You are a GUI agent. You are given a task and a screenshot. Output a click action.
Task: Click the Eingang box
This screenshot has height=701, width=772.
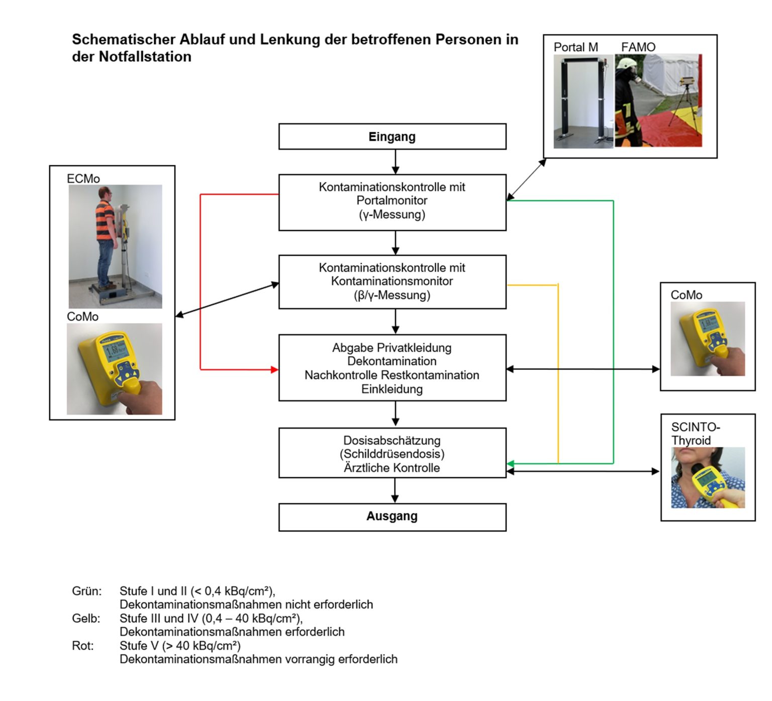392,137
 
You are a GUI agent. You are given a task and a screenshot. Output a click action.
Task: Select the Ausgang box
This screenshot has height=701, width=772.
392,517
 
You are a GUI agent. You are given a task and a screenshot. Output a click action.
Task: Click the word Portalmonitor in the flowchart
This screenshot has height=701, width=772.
392,201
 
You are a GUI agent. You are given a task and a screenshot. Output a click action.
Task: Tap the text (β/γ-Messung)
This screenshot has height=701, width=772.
392,295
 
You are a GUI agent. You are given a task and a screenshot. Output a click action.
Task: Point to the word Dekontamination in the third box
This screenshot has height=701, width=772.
392,361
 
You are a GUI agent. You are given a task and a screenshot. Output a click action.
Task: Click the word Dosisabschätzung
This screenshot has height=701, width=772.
392,441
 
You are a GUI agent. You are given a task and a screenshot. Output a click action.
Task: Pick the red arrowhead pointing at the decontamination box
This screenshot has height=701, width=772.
274,370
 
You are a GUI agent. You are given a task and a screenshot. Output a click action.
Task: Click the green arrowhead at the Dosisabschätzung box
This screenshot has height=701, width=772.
510,463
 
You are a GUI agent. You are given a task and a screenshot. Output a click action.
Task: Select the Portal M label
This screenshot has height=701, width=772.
575,47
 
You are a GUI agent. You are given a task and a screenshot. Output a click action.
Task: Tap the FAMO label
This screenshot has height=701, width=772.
638,47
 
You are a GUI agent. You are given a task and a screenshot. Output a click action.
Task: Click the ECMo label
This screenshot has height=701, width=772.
83,179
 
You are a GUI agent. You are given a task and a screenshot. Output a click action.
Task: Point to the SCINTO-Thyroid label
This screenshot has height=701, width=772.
695,434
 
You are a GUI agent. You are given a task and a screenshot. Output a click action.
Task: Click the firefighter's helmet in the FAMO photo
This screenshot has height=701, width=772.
626,64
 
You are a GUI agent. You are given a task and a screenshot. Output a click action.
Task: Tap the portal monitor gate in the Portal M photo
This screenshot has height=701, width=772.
583,101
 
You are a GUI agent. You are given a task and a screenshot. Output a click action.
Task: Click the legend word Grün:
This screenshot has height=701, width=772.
86,591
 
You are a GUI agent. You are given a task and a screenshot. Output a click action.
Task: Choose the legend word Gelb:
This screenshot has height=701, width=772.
86,619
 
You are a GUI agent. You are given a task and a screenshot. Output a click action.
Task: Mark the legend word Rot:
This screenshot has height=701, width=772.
83,646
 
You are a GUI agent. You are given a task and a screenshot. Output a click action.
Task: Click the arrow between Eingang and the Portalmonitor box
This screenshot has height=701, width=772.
396,162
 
